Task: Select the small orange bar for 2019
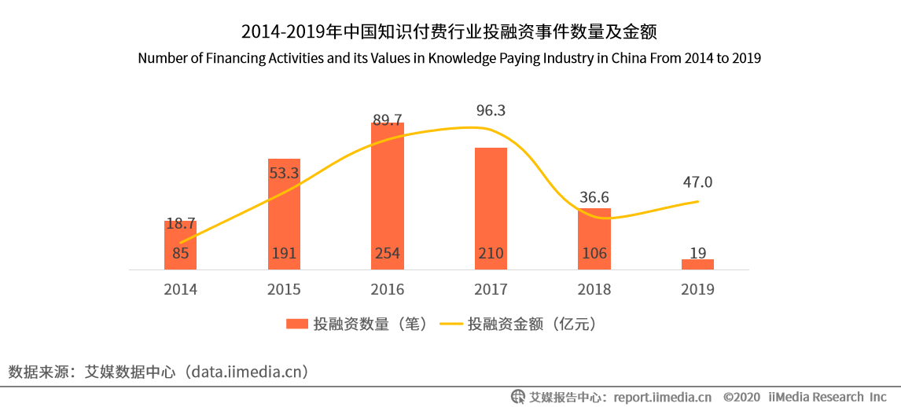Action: [x=697, y=265]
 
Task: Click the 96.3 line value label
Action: [x=491, y=111]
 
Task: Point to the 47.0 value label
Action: [x=697, y=182]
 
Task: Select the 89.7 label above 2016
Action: [x=387, y=119]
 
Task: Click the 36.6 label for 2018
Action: [x=594, y=197]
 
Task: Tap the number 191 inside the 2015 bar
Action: [x=284, y=254]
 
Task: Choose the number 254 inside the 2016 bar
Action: [x=387, y=254]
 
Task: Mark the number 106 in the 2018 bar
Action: [x=594, y=254]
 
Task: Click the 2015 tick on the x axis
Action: [x=284, y=289]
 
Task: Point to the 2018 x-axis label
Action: [x=594, y=289]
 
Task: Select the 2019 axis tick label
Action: [x=697, y=289]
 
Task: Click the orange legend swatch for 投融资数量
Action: [x=297, y=324]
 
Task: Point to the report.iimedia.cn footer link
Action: [x=662, y=397]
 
